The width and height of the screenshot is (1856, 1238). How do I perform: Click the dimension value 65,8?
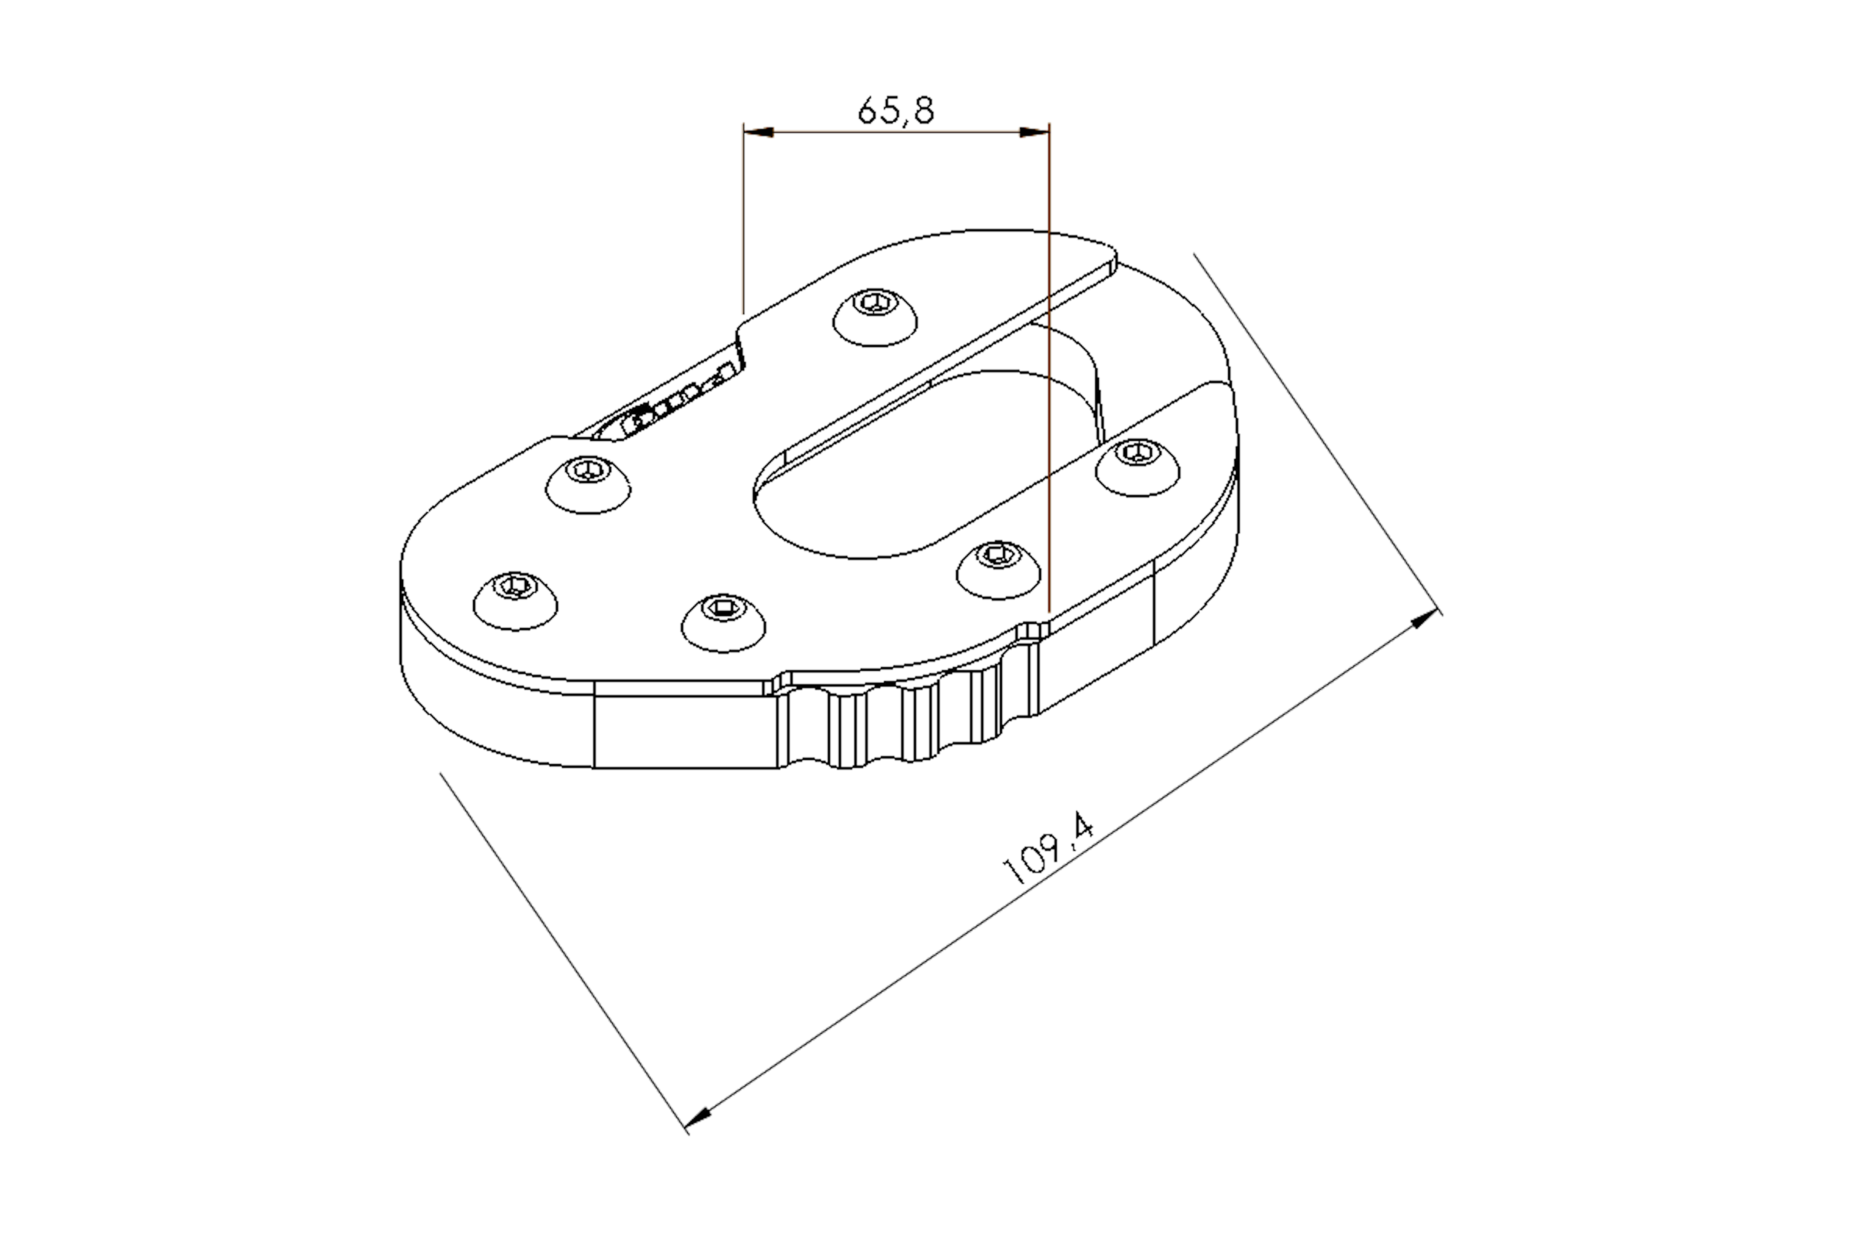click(896, 110)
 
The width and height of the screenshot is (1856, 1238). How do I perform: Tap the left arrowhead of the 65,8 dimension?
click(758, 132)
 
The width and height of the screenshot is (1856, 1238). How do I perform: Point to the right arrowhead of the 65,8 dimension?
click(1034, 132)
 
